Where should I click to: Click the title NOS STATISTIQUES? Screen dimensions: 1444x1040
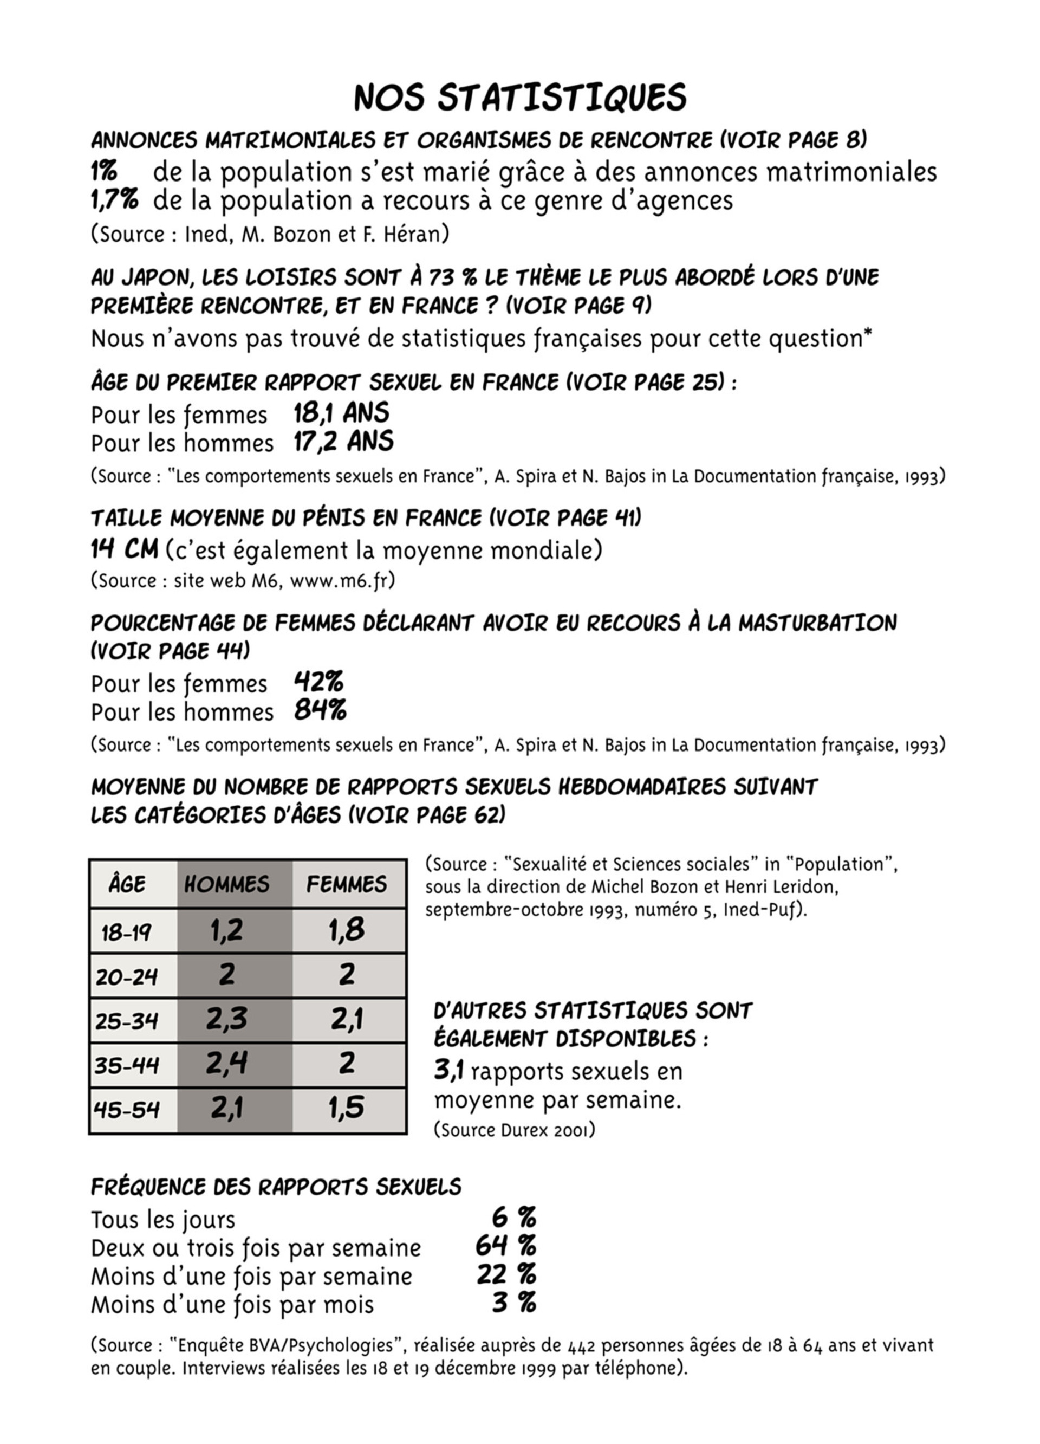pos(520,98)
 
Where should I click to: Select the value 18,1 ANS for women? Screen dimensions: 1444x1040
pos(341,413)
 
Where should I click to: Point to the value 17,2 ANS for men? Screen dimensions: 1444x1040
pos(344,441)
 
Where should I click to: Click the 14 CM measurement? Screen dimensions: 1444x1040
pos(124,549)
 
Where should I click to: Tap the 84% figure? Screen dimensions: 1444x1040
pos(320,710)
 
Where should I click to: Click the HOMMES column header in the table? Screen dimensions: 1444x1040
pos(226,884)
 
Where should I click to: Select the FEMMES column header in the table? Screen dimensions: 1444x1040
pos(347,884)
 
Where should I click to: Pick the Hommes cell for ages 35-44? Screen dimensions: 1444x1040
pos(226,1063)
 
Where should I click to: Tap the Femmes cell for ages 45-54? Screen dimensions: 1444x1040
pos(347,1109)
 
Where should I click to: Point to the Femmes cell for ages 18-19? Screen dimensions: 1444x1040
pos(347,931)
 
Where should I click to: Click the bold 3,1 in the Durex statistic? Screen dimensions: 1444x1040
pos(448,1070)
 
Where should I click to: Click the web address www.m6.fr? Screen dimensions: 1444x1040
pos(341,581)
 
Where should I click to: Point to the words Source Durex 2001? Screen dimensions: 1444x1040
pos(514,1130)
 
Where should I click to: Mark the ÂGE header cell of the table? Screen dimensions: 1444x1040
pos(127,884)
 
